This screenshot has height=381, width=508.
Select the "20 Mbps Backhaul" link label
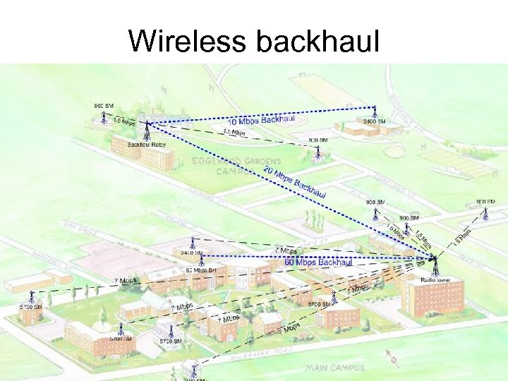294,182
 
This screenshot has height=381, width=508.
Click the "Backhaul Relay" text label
146,145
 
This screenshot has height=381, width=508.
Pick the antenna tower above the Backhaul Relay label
147,130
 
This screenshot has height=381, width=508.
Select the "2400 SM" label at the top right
374,121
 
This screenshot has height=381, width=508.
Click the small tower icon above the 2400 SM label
375,111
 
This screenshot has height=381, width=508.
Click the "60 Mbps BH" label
200,270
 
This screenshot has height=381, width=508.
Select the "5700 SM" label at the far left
30,308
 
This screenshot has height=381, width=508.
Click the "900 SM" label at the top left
104,106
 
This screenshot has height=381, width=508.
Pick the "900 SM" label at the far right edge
485,202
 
